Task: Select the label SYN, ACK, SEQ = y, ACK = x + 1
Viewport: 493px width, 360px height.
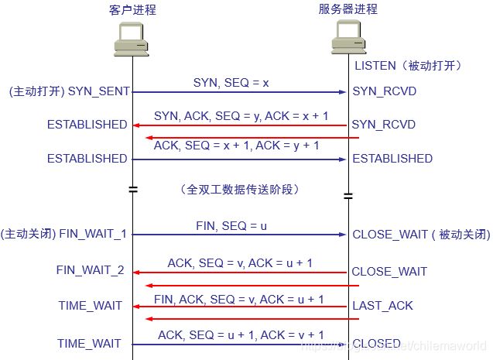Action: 241,115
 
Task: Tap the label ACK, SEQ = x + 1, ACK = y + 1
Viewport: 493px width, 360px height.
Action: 236,145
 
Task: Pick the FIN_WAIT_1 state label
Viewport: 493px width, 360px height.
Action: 98,233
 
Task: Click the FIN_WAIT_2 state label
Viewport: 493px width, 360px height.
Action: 90,270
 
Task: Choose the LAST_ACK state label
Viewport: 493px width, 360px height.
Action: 382,306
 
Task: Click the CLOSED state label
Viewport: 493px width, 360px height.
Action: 376,344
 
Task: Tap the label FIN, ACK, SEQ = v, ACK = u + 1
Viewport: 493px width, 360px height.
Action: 239,299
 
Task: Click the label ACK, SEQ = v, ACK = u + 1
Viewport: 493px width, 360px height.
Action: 240,262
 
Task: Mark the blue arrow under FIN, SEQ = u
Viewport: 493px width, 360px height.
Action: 240,234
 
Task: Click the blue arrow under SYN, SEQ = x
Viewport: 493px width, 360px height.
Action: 240,92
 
